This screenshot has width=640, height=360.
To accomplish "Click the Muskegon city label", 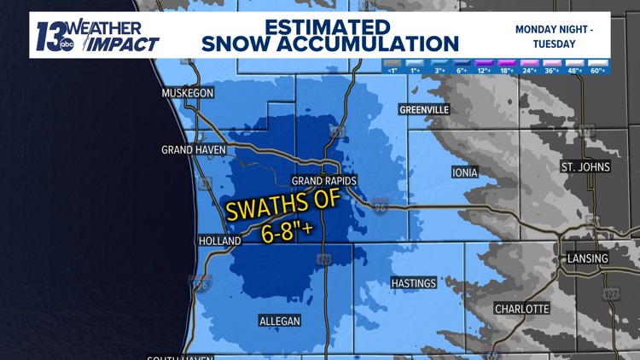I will pyautogui.click(x=188, y=92).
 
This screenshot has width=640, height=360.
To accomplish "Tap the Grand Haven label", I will pyautogui.click(x=194, y=149).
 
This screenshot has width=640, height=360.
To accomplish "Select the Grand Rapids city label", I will pyautogui.click(x=323, y=181).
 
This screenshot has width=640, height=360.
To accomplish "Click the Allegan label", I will pyautogui.click(x=279, y=320).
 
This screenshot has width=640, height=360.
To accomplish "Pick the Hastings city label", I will pyautogui.click(x=413, y=283).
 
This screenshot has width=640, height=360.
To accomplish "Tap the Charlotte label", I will pyautogui.click(x=521, y=308).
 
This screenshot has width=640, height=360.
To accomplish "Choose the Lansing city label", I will pyautogui.click(x=588, y=258).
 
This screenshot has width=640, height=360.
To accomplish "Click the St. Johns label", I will pyautogui.click(x=585, y=166).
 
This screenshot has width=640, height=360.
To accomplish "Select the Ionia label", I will pyautogui.click(x=464, y=172).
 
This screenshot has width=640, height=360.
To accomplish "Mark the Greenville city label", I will pyautogui.click(x=424, y=109).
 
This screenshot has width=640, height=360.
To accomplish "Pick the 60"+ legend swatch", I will pyautogui.click(x=597, y=65).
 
